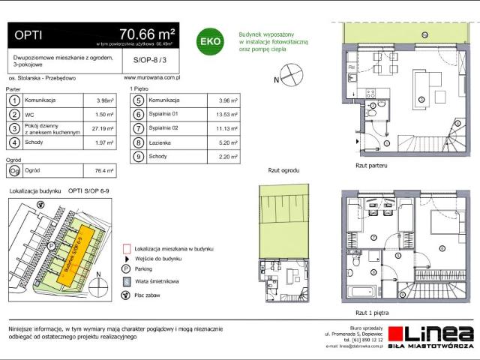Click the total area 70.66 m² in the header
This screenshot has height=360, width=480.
pos(147,34)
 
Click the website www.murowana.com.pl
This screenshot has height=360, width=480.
pos(149,76)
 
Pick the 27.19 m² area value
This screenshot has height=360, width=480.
pos(104,128)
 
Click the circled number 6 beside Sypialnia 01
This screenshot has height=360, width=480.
pos(138,114)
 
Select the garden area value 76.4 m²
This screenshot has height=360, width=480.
pos(103,170)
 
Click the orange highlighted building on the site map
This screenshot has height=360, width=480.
pos(77,255)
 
